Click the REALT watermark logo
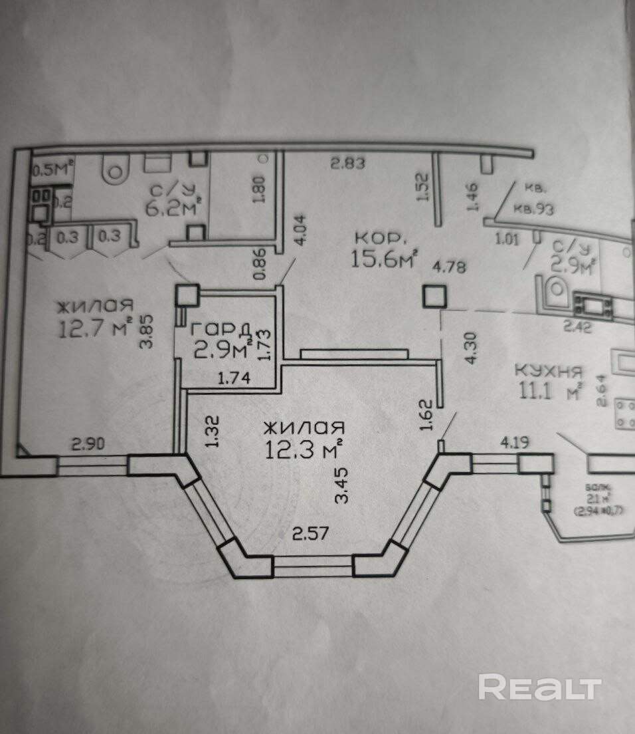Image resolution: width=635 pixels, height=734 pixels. [x=539, y=687]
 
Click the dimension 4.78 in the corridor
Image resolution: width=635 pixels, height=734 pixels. [x=449, y=269]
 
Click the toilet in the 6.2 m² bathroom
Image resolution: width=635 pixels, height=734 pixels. [x=115, y=172]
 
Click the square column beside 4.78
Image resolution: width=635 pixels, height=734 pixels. [x=434, y=296]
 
